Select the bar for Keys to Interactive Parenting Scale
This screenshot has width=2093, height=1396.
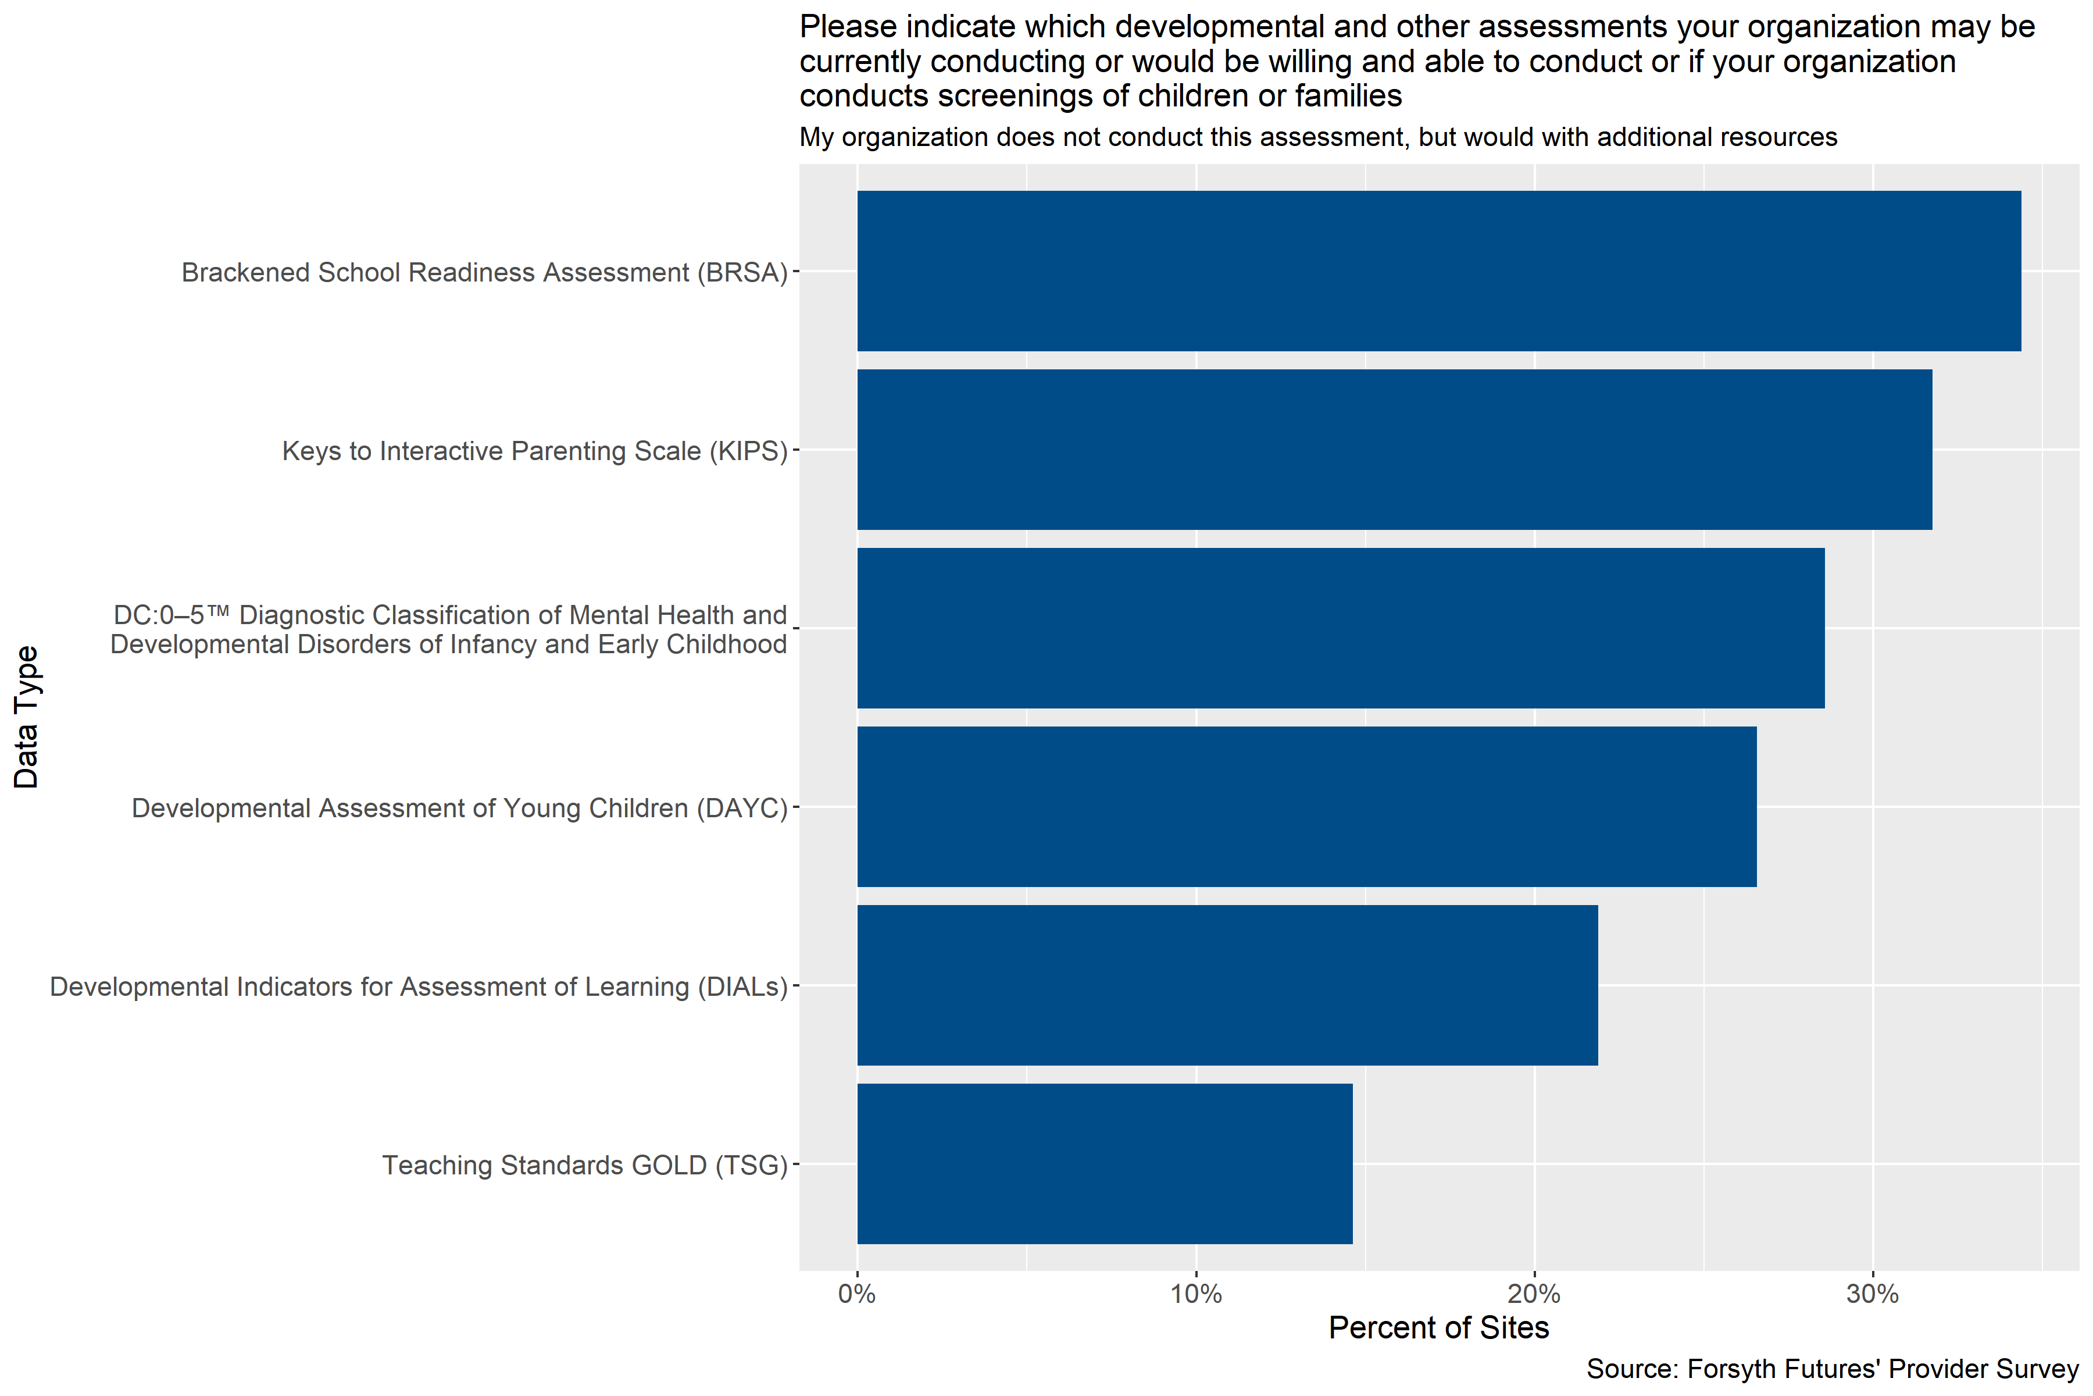click(x=1394, y=450)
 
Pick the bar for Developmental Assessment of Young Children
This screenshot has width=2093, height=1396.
click(x=1306, y=807)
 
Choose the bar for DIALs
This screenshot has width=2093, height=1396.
click(x=1227, y=985)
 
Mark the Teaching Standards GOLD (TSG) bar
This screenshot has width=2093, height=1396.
click(x=1104, y=1164)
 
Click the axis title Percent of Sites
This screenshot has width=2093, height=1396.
click(x=1438, y=1329)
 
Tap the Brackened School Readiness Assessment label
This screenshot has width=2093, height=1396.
click(x=484, y=272)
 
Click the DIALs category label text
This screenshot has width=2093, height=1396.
click(x=418, y=987)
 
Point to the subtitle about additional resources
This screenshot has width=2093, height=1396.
click(x=1318, y=137)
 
